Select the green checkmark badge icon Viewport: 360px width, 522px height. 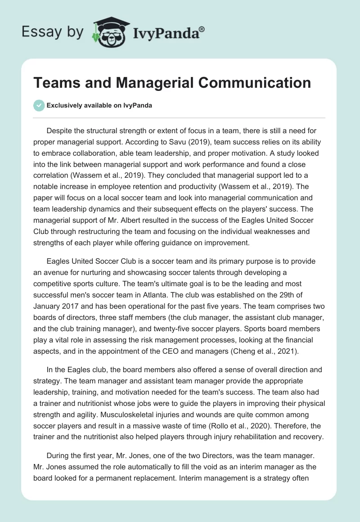click(39, 105)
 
